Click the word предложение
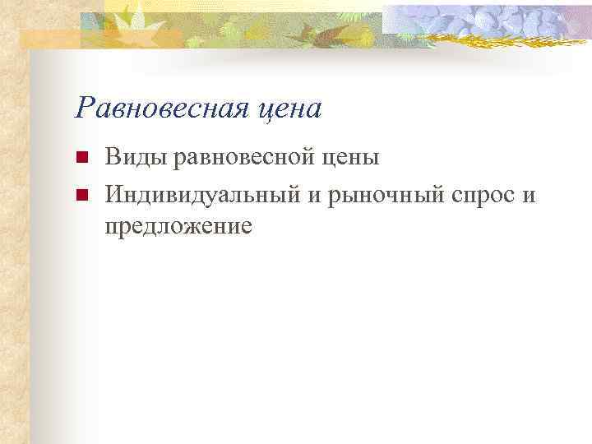coord(178,225)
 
